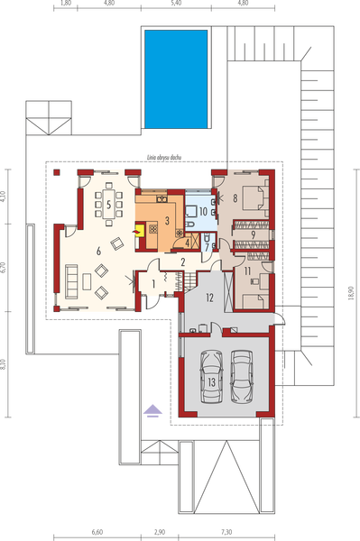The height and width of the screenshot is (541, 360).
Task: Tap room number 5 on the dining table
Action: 109,206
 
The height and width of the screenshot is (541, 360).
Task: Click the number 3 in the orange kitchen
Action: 167,220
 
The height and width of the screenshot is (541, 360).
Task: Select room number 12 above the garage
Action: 208,296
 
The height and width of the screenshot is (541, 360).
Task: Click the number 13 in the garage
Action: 211,381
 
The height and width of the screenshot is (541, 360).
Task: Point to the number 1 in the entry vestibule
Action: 153,285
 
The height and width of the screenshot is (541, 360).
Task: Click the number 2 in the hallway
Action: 182,261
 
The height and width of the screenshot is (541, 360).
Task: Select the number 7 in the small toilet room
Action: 208,239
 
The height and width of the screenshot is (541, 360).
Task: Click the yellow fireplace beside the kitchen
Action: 139,232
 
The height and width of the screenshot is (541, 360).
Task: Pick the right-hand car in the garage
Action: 241,373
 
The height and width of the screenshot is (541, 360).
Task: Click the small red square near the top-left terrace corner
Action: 56,170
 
